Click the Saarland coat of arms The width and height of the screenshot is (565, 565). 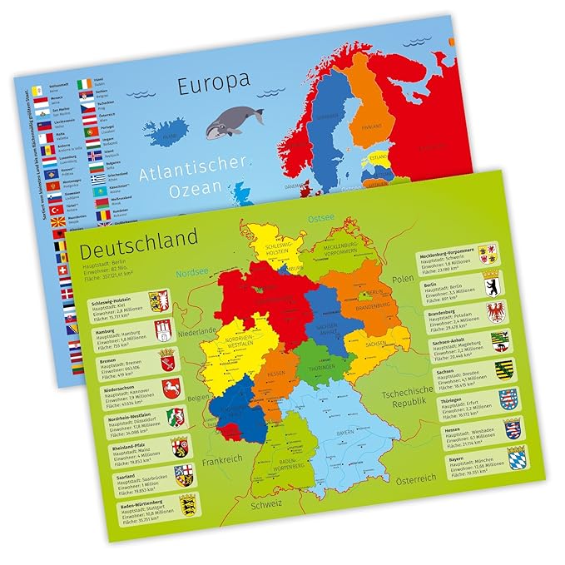click(x=182, y=477)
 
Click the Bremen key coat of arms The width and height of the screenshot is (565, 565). click(x=166, y=359)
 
